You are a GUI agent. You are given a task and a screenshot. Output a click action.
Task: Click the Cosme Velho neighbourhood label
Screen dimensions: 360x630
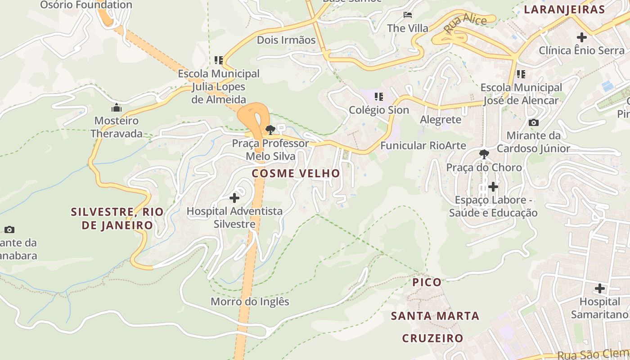coord(296,173)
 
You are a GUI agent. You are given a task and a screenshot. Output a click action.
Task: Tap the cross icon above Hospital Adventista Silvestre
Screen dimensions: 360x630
coord(234,198)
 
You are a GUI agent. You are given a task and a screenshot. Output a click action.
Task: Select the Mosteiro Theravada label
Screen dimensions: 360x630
coord(117,127)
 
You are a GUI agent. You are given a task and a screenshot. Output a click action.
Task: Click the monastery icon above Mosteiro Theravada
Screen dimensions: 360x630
coord(117,108)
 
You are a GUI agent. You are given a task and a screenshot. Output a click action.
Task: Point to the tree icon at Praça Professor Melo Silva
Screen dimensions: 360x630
coord(270,130)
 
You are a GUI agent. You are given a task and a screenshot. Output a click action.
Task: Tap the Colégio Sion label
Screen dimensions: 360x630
coord(379,110)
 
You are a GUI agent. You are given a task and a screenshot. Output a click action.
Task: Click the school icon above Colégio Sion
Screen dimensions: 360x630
coord(379,96)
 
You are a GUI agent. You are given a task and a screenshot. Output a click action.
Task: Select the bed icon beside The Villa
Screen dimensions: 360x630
coord(408,15)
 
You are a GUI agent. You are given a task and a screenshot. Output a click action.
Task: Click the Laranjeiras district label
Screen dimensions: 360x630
coord(564,9)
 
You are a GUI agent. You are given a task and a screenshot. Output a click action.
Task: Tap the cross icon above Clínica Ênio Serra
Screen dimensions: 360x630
coord(581,37)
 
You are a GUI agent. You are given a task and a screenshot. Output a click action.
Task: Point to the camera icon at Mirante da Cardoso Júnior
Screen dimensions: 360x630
coord(533,122)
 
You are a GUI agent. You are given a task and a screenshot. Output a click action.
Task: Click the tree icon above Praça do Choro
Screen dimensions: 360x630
coord(484,154)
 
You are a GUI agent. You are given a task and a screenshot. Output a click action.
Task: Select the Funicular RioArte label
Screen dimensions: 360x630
coord(423,145)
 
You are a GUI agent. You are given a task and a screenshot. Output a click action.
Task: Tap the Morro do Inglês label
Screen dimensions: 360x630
coord(250,301)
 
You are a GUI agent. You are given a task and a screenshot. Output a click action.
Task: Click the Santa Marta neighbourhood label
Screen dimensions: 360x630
coord(435,316)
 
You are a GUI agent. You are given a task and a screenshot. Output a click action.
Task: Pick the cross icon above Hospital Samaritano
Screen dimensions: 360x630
coord(599,288)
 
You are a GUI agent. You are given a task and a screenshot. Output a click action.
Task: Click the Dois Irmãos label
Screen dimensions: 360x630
coord(286,40)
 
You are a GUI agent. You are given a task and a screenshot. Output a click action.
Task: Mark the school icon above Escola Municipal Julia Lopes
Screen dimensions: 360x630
coord(219,60)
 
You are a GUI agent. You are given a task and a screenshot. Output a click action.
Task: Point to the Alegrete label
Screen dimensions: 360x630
coord(441,119)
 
